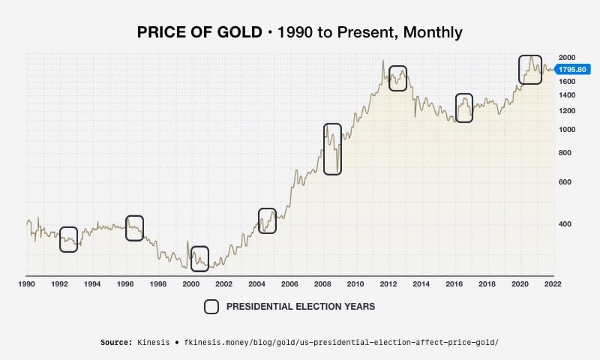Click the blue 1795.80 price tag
pyautogui.click(x=574, y=69)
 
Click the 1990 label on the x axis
pyautogui.click(x=27, y=284)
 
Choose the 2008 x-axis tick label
pyautogui.click(x=322, y=284)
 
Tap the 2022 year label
pyautogui.click(x=553, y=284)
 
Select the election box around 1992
pyautogui.click(x=68, y=239)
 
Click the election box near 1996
pyautogui.click(x=134, y=228)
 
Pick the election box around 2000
pyautogui.click(x=199, y=258)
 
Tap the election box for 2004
pyautogui.click(x=267, y=220)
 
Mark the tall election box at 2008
pyautogui.click(x=332, y=149)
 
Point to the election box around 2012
pyautogui.click(x=397, y=78)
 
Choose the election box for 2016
pyautogui.click(x=464, y=108)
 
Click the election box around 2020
pyautogui.click(x=530, y=70)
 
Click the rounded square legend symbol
pyautogui.click(x=211, y=306)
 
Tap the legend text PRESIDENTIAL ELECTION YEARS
pyautogui.click(x=300, y=307)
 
